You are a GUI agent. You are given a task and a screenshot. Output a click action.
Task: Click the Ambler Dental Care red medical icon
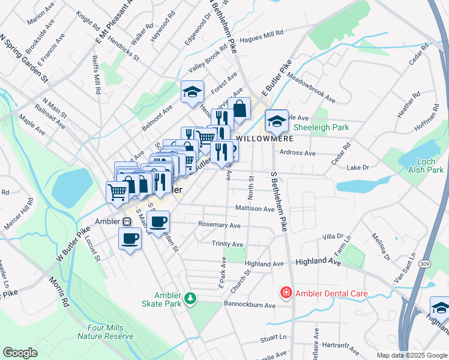(286, 293)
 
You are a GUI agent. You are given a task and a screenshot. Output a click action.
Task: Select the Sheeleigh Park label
(320, 128)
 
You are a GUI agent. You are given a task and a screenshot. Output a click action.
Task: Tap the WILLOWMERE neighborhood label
(259, 138)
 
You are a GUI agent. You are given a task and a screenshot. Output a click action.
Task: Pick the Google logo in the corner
(20, 353)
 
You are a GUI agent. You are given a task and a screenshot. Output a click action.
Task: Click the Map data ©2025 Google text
(411, 355)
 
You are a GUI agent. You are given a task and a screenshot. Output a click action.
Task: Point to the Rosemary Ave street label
(220, 225)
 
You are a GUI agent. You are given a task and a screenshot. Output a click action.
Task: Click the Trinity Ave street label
(228, 244)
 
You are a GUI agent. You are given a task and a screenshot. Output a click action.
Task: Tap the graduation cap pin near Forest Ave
(193, 92)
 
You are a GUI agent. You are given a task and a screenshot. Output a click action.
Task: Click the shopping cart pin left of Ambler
(117, 192)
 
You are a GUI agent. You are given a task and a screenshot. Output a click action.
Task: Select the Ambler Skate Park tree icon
(191, 298)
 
